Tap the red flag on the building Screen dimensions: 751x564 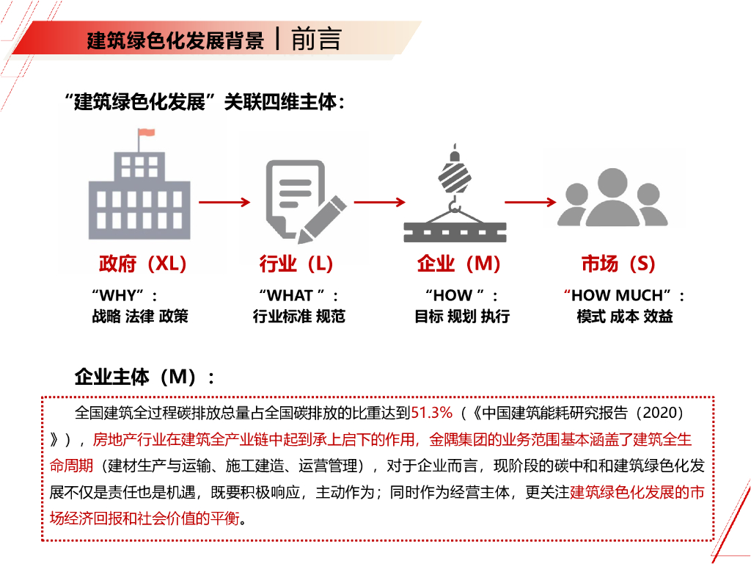coord(146,133)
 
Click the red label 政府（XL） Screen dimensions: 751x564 coord(143,264)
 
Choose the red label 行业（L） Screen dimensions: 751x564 coord(296,264)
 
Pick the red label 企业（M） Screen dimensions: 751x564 coord(458,264)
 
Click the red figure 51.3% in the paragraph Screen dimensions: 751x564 coord(432,412)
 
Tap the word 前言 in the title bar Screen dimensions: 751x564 coord(316,39)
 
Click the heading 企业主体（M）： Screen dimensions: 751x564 coord(145,377)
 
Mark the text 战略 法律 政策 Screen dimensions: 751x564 coord(139,317)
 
